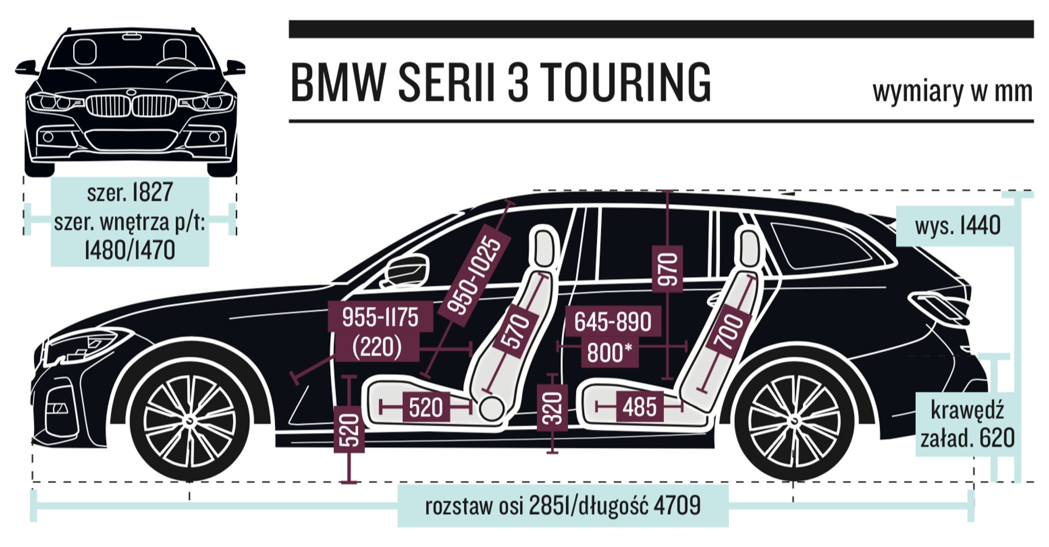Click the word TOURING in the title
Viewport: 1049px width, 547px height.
click(625, 83)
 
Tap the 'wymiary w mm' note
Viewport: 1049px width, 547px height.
click(952, 91)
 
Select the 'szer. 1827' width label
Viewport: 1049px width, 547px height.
click(129, 192)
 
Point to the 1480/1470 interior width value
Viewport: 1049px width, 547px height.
click(129, 249)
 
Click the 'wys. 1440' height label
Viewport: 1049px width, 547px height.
click(957, 225)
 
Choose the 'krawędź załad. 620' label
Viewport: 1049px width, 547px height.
click(967, 424)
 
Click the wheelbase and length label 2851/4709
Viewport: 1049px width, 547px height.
click(562, 506)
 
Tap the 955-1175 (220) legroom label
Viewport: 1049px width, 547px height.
click(380, 332)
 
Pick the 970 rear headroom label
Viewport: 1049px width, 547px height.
click(667, 269)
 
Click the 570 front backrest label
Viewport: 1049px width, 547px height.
click(516, 331)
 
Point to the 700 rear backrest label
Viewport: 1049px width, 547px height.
click(729, 332)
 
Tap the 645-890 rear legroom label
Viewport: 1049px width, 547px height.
click(613, 322)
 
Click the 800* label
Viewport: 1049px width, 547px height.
click(609, 353)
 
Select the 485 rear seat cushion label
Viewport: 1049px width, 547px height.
click(639, 407)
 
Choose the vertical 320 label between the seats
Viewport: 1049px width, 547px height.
click(552, 409)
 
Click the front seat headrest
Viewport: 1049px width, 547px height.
click(543, 246)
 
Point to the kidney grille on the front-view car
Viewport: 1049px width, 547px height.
click(131, 105)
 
